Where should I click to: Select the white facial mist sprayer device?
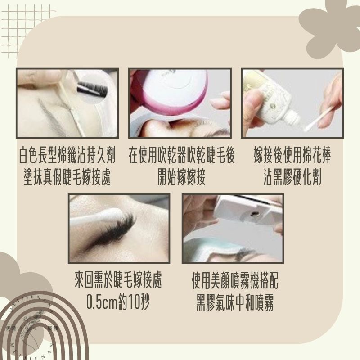[245, 211]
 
